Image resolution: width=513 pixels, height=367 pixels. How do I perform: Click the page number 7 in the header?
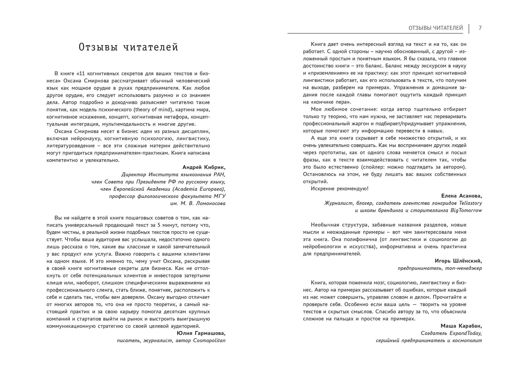click(x=480, y=28)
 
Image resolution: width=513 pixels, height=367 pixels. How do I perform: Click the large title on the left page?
click(x=128, y=47)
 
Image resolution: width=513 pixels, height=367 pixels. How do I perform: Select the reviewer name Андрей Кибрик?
click(x=204, y=167)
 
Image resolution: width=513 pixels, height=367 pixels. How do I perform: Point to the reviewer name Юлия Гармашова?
click(x=201, y=333)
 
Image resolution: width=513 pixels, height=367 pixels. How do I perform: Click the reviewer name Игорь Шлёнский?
click(x=458, y=261)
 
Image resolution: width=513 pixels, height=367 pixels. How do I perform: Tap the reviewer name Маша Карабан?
click(x=461, y=326)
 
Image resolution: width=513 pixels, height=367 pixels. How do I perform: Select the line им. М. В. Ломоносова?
click(x=198, y=204)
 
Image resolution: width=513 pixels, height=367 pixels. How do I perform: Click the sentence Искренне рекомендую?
click(x=340, y=189)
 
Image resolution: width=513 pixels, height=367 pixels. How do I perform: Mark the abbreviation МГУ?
click(x=219, y=196)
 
